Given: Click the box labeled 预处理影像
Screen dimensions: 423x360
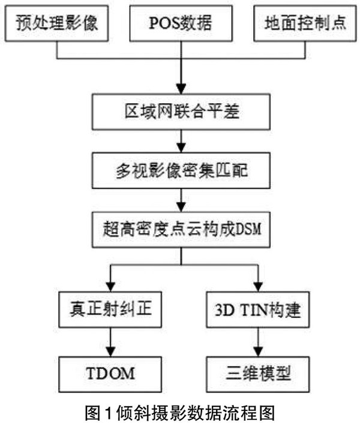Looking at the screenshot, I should [58, 26].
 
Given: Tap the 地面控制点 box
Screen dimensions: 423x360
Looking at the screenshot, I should [301, 26].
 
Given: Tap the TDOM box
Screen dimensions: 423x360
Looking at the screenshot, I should [110, 373].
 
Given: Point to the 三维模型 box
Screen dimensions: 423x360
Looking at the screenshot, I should [259, 373].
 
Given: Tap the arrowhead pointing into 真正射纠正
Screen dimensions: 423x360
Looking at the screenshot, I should [110, 286].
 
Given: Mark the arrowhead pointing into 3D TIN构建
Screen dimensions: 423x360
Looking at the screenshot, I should [259, 286].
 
